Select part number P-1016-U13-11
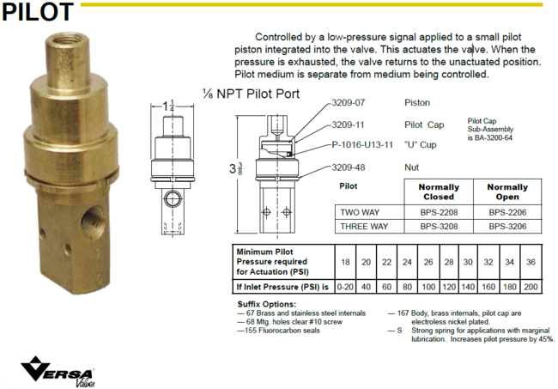pyautogui.click(x=361, y=145)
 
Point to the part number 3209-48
pyautogui.click(x=349, y=167)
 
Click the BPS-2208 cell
pyautogui.click(x=439, y=211)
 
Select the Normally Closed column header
pyautogui.click(x=439, y=191)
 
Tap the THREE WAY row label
pyautogui.click(x=365, y=227)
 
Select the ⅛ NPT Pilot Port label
pyautogui.click(x=251, y=93)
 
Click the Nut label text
pyautogui.click(x=411, y=167)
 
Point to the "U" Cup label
pyautogui.click(x=421, y=145)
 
